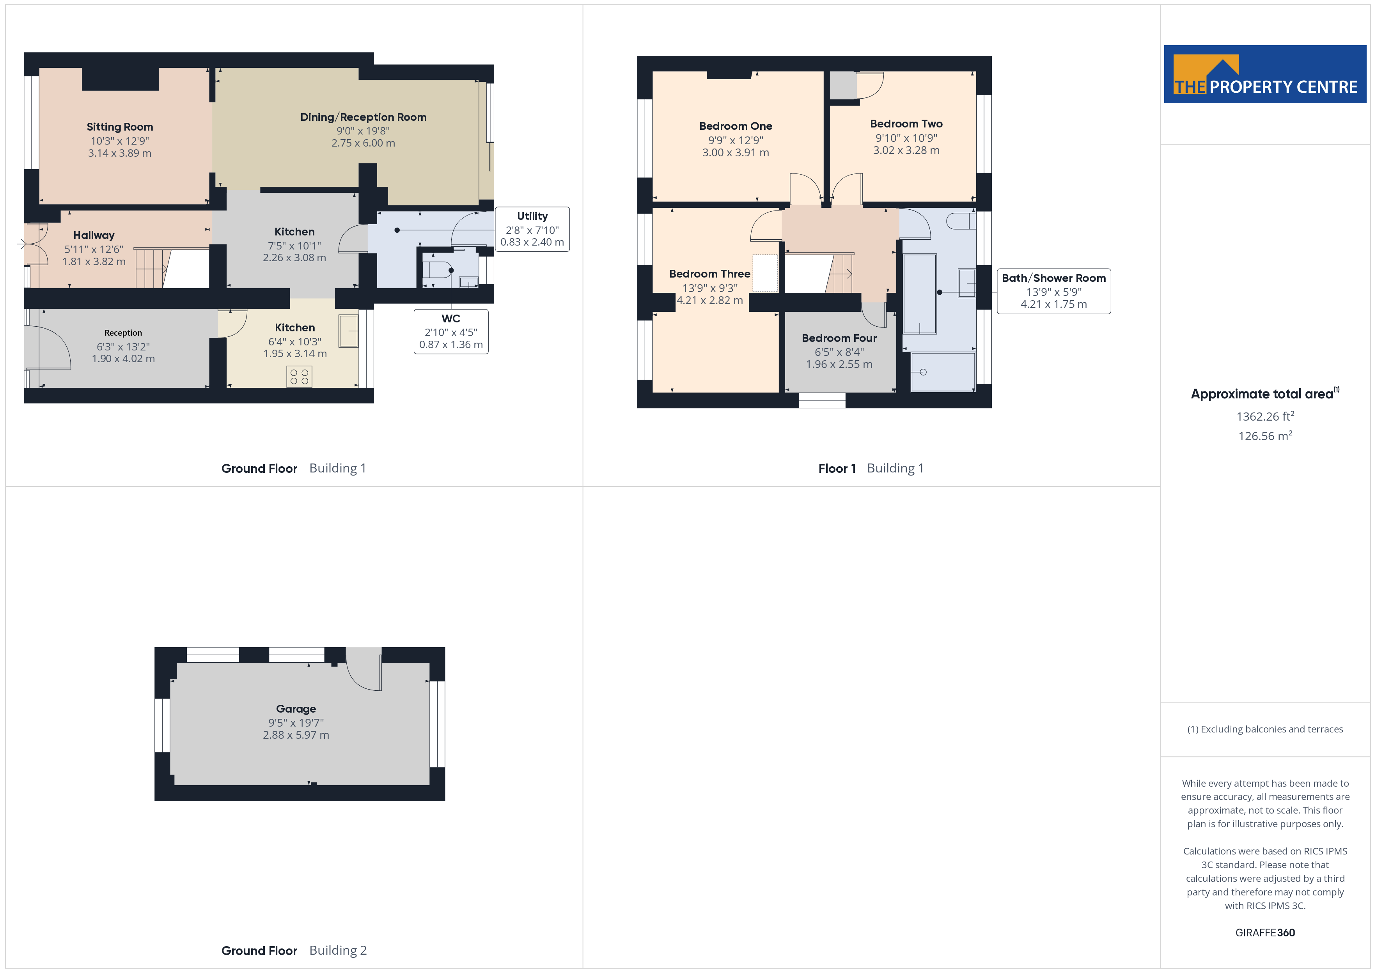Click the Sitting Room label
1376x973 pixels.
click(x=120, y=127)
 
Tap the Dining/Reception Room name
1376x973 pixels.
click(x=363, y=117)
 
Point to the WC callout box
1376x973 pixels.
click(x=451, y=331)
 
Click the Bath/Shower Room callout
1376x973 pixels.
click(x=1053, y=291)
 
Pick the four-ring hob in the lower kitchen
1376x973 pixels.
click(x=299, y=376)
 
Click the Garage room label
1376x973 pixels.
click(x=296, y=709)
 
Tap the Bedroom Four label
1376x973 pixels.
click(x=839, y=338)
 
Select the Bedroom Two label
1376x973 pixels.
click(x=906, y=124)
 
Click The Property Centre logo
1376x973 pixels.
click(x=1265, y=74)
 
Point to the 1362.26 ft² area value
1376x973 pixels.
click(x=1265, y=416)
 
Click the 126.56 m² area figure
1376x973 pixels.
click(x=1265, y=435)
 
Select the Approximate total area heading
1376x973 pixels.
click(x=1264, y=394)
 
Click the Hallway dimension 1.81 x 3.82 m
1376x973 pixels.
click(x=94, y=261)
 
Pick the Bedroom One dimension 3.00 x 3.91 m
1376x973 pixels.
click(x=735, y=153)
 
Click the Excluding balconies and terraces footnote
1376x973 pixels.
click(x=1265, y=729)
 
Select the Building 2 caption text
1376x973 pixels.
click(x=338, y=950)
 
